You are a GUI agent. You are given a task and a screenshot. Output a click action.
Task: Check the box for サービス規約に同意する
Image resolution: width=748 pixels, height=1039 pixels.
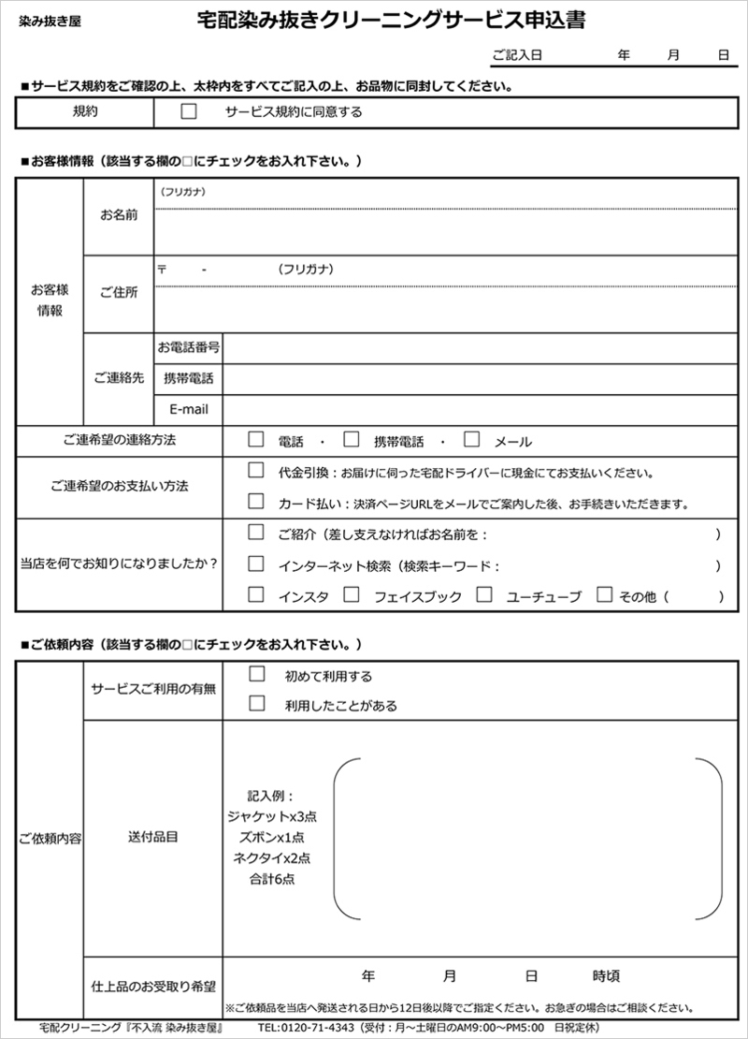pos(189,111)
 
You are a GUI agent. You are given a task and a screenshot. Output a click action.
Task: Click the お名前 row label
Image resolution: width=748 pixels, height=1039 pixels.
pos(119,215)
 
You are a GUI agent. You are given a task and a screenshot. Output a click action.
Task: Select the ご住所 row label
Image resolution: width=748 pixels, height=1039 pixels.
pos(119,293)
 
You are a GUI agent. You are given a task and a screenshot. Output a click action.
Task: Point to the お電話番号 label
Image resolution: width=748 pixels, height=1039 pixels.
pos(189,347)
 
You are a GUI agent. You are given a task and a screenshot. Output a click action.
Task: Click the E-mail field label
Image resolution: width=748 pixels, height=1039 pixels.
pos(189,409)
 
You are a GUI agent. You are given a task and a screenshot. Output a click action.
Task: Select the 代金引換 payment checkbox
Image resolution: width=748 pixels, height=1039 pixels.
pos(255,471)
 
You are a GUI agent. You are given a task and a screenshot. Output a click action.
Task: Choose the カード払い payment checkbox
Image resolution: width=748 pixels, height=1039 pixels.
pos(255,502)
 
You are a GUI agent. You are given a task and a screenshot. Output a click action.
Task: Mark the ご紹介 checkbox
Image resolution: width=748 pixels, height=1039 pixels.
pos(255,534)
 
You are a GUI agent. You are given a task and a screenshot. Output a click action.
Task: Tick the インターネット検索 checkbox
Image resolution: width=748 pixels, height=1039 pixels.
pos(255,564)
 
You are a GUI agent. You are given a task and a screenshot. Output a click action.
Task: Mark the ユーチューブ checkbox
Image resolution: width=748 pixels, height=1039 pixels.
pos(483,594)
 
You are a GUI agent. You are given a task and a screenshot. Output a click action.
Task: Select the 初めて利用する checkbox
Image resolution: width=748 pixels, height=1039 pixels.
pos(257,674)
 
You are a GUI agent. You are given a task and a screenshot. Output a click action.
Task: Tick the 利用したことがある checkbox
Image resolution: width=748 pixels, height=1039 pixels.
pos(257,704)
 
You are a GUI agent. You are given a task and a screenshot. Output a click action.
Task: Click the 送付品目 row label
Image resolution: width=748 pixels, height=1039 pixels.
pos(152,836)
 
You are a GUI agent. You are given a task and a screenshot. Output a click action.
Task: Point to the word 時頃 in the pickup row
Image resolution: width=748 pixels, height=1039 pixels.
pos(606,976)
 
